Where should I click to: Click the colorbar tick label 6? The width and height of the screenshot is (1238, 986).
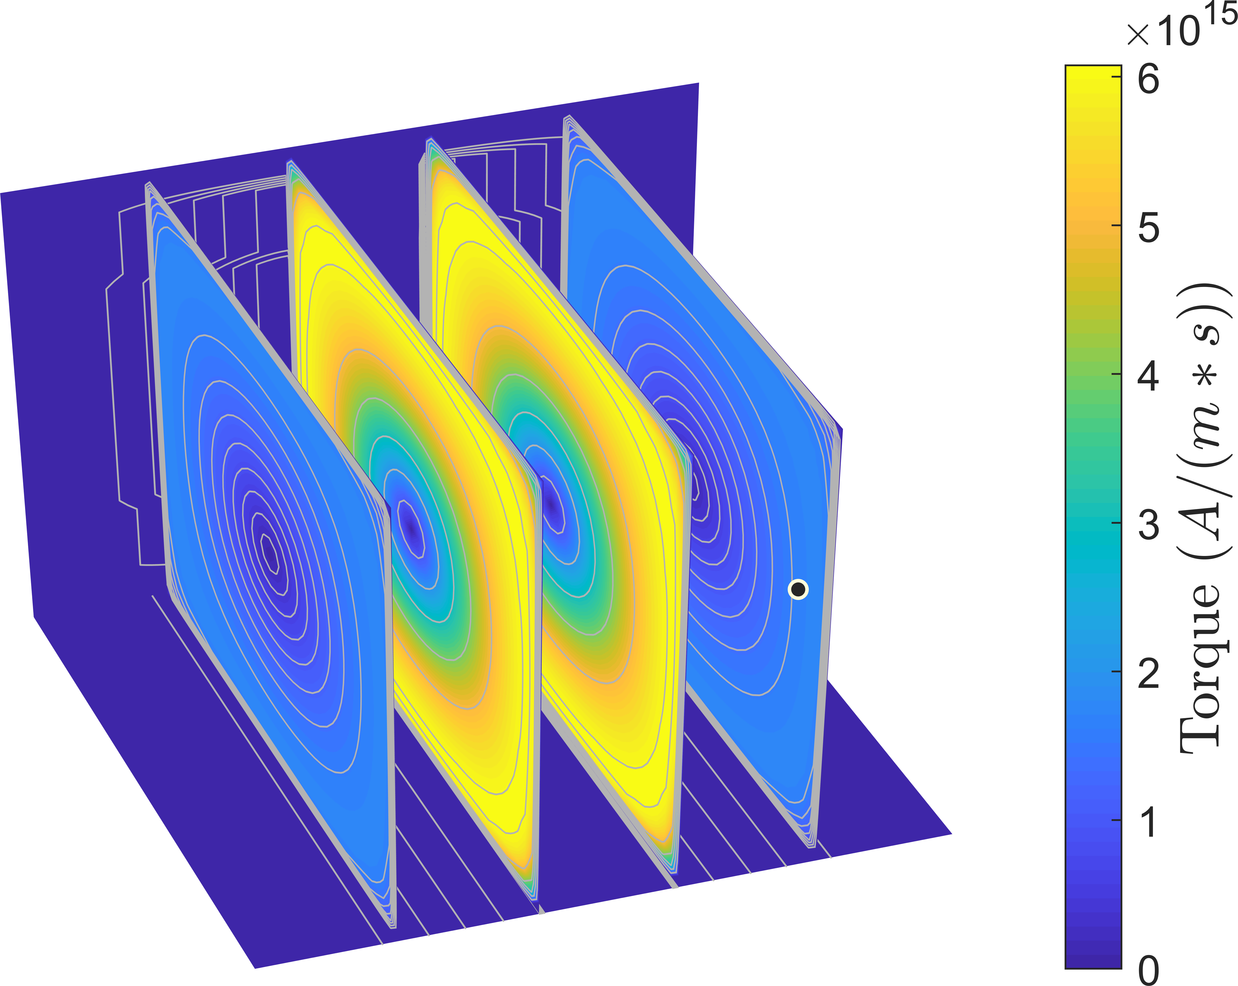pos(1149,79)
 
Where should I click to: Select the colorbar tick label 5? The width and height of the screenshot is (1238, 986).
pos(1149,227)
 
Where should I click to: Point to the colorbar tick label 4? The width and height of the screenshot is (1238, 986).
pos(1149,376)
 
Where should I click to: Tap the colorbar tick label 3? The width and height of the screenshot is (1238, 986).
pos(1149,525)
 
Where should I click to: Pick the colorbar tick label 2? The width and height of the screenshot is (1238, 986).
pos(1149,674)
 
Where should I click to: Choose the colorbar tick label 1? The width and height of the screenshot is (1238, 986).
pos(1149,822)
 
